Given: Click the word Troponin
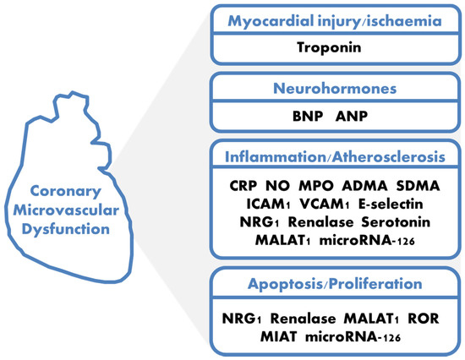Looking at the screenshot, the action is tap(329, 47).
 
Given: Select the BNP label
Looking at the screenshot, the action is tap(308, 116).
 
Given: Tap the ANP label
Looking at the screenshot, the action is tap(352, 116).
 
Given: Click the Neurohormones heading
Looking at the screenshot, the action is tap(335, 89).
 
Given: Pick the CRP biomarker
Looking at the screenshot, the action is tap(243, 186).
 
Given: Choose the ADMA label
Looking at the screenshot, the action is tap(364, 186).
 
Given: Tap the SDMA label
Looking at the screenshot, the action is tap(418, 186).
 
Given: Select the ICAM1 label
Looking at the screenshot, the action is tap(268, 204).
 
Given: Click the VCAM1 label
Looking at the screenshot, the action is tap(325, 204).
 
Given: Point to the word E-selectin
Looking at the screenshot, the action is tap(391, 204).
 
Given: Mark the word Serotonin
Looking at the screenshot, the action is tap(396, 222).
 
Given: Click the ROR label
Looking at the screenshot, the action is tap(424, 319).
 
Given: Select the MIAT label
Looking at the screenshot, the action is tap(278, 337).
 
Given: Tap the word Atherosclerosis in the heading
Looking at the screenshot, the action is tap(389, 157).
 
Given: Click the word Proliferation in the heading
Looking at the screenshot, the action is tap(375, 284).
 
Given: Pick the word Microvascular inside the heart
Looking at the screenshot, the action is tap(66, 210).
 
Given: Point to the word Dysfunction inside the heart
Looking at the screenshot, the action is tap(66, 230).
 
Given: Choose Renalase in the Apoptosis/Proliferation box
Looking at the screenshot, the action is tap(303, 319).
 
